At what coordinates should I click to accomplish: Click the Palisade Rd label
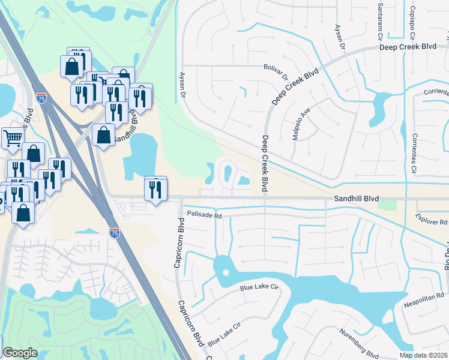[205, 214]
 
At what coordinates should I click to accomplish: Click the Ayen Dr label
[182, 84]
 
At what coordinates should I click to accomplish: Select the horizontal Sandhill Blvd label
[358, 198]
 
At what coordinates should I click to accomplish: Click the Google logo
[20, 353]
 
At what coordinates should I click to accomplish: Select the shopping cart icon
[12, 138]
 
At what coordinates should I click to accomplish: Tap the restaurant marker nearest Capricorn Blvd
[155, 189]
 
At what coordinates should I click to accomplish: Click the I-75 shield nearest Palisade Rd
[114, 232]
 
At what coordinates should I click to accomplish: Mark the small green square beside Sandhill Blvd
[390, 205]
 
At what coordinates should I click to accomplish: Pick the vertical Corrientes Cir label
[414, 155]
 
